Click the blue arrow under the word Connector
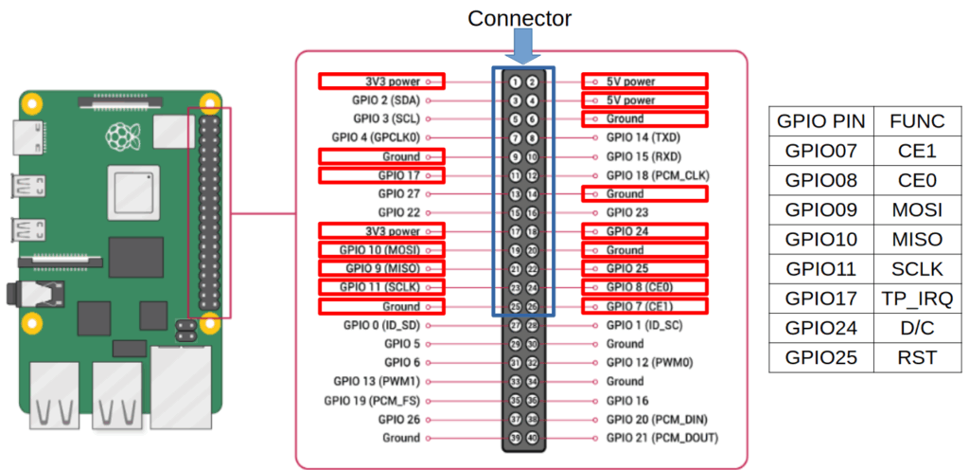tap(522, 47)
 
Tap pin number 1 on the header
tap(515, 81)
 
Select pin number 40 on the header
tap(532, 438)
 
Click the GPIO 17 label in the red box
tap(401, 175)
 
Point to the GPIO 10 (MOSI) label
tap(379, 250)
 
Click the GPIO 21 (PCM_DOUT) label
tap(661, 438)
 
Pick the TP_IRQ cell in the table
tap(917, 298)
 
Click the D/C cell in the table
tap(917, 329)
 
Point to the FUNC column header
tap(917, 121)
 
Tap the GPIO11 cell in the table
tap(820, 269)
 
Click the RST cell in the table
tap(917, 357)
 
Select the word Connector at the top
tap(520, 18)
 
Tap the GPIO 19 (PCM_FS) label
tap(373, 400)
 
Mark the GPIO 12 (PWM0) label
tap(645, 362)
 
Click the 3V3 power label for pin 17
tap(393, 231)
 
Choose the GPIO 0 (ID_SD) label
tap(382, 325)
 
